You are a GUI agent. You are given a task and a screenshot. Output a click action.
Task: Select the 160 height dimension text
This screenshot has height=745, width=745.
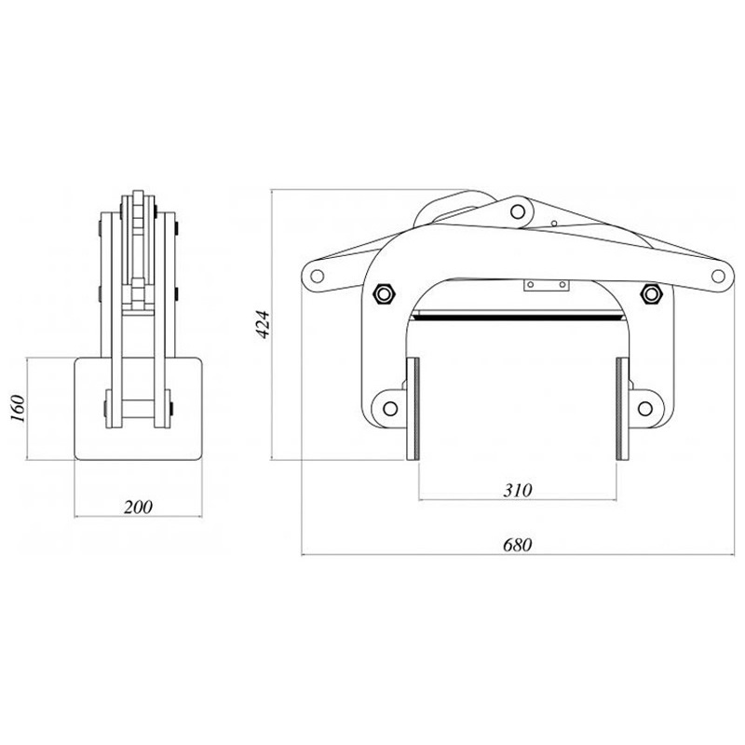coord(18,406)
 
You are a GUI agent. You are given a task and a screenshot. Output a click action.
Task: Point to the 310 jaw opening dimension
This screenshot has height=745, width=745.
coord(517,490)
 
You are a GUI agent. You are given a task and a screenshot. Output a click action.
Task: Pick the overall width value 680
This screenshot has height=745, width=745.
coord(517,546)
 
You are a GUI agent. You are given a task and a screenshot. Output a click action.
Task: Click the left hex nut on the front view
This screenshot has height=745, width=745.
coord(383,295)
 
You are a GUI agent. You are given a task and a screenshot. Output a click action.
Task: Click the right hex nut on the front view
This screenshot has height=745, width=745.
coord(651,295)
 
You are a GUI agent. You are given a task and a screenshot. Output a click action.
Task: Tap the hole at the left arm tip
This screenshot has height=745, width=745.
coord(318,276)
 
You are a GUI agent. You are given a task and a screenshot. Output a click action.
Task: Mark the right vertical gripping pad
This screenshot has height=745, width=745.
coord(620,408)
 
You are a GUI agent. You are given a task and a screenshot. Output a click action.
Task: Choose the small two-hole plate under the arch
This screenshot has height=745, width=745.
coord(545,285)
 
